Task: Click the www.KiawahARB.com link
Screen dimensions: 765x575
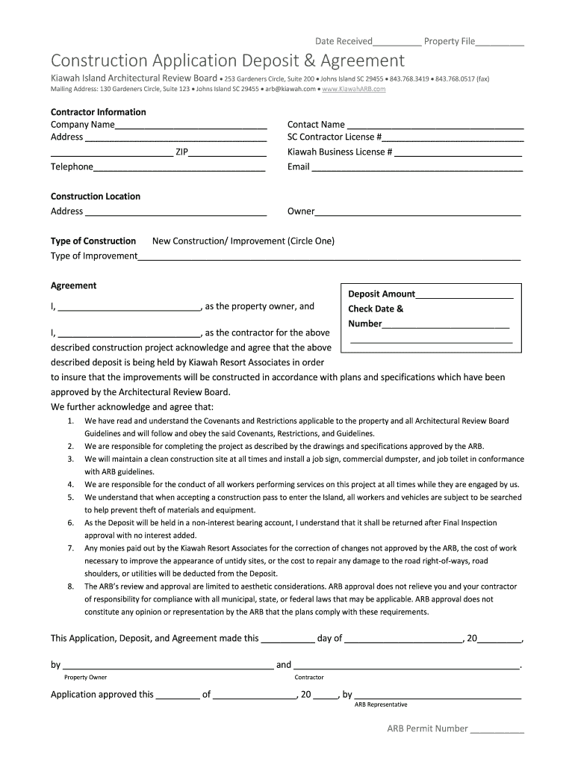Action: [354, 89]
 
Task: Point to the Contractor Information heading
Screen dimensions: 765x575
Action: [98, 112]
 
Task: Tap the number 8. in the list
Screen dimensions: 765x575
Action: [70, 586]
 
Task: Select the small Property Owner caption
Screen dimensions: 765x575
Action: [85, 678]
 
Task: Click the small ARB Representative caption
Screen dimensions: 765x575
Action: [381, 704]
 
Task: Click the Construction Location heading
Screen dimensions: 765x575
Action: [95, 196]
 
